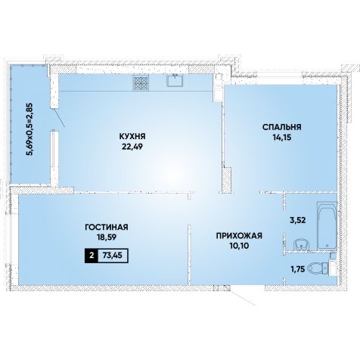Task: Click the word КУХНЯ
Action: (132, 136)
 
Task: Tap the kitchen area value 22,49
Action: (132, 147)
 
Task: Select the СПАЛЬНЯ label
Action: (282, 127)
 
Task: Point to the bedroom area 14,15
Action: (281, 137)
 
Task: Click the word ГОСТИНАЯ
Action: (107, 227)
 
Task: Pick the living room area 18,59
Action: (107, 237)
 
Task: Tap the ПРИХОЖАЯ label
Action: (239, 236)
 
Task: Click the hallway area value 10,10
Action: (239, 246)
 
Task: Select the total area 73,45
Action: (113, 256)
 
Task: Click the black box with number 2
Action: (92, 256)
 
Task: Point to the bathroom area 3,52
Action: (297, 220)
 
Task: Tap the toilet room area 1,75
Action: (297, 269)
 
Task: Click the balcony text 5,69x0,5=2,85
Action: (31, 129)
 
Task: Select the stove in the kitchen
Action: (141, 82)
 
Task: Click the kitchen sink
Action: (175, 80)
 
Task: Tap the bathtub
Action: (327, 225)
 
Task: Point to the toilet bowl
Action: (318, 268)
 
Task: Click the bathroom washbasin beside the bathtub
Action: (302, 244)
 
